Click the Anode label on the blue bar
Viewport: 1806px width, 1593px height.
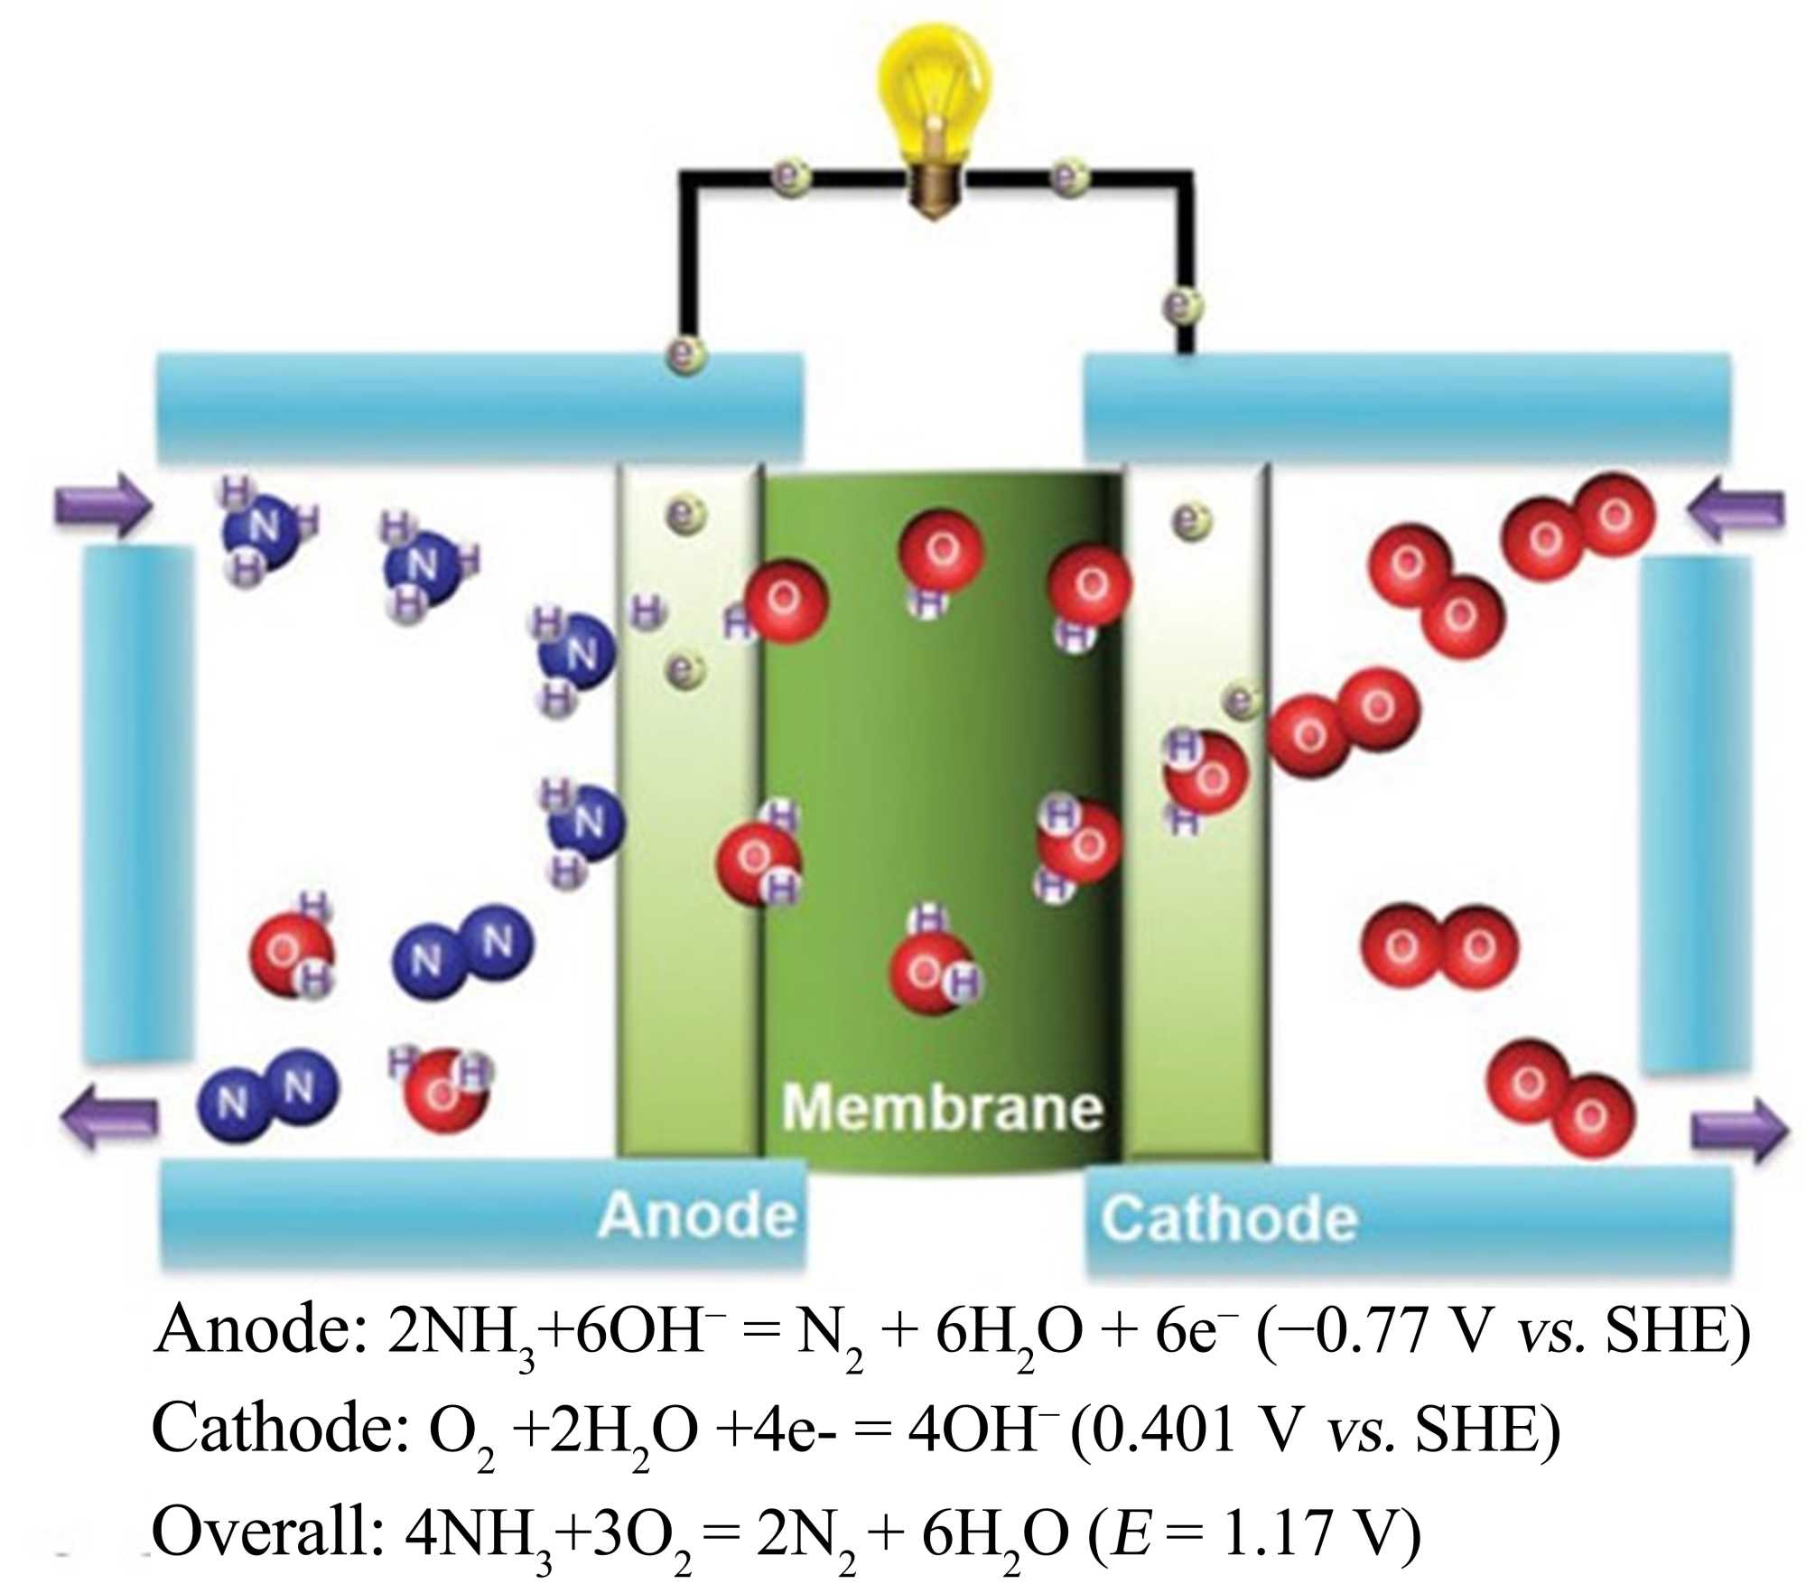[x=697, y=1215]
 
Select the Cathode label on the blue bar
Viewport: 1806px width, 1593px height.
[x=1229, y=1218]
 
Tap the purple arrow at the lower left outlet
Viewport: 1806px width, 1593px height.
[x=108, y=1118]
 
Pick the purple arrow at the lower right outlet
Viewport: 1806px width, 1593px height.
[x=1738, y=1129]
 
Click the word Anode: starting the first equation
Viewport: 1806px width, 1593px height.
[x=261, y=1331]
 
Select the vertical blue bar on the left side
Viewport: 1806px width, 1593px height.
[x=137, y=804]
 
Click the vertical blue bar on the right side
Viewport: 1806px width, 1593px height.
[x=1696, y=813]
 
